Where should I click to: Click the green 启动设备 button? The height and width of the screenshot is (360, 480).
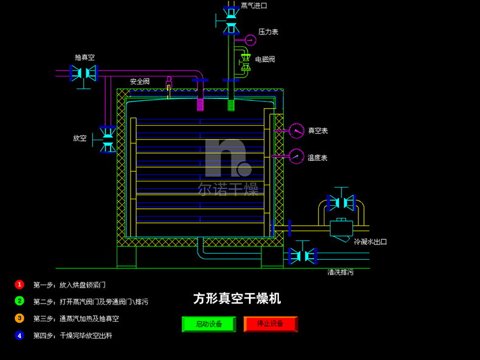209,324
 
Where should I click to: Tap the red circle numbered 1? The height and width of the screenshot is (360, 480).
19,284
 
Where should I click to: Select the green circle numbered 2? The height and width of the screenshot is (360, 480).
19,301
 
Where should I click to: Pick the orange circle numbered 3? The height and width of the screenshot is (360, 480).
19,318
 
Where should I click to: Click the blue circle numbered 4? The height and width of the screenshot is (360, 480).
19,335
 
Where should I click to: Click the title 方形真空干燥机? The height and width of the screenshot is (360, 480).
237,299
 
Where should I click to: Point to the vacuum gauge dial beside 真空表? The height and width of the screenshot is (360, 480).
297,131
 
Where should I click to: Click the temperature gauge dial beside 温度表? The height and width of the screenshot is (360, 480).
297,157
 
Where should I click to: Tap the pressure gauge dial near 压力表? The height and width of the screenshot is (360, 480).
250,40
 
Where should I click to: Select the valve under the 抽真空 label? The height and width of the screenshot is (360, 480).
83,73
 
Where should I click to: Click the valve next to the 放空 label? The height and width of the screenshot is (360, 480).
108,139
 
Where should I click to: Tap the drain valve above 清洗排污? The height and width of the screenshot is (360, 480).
302,255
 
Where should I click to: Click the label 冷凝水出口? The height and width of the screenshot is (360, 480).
370,242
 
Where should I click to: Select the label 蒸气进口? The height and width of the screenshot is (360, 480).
254,6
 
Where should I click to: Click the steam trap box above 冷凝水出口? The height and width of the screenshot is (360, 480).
341,228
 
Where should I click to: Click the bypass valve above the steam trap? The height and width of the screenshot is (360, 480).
341,202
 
